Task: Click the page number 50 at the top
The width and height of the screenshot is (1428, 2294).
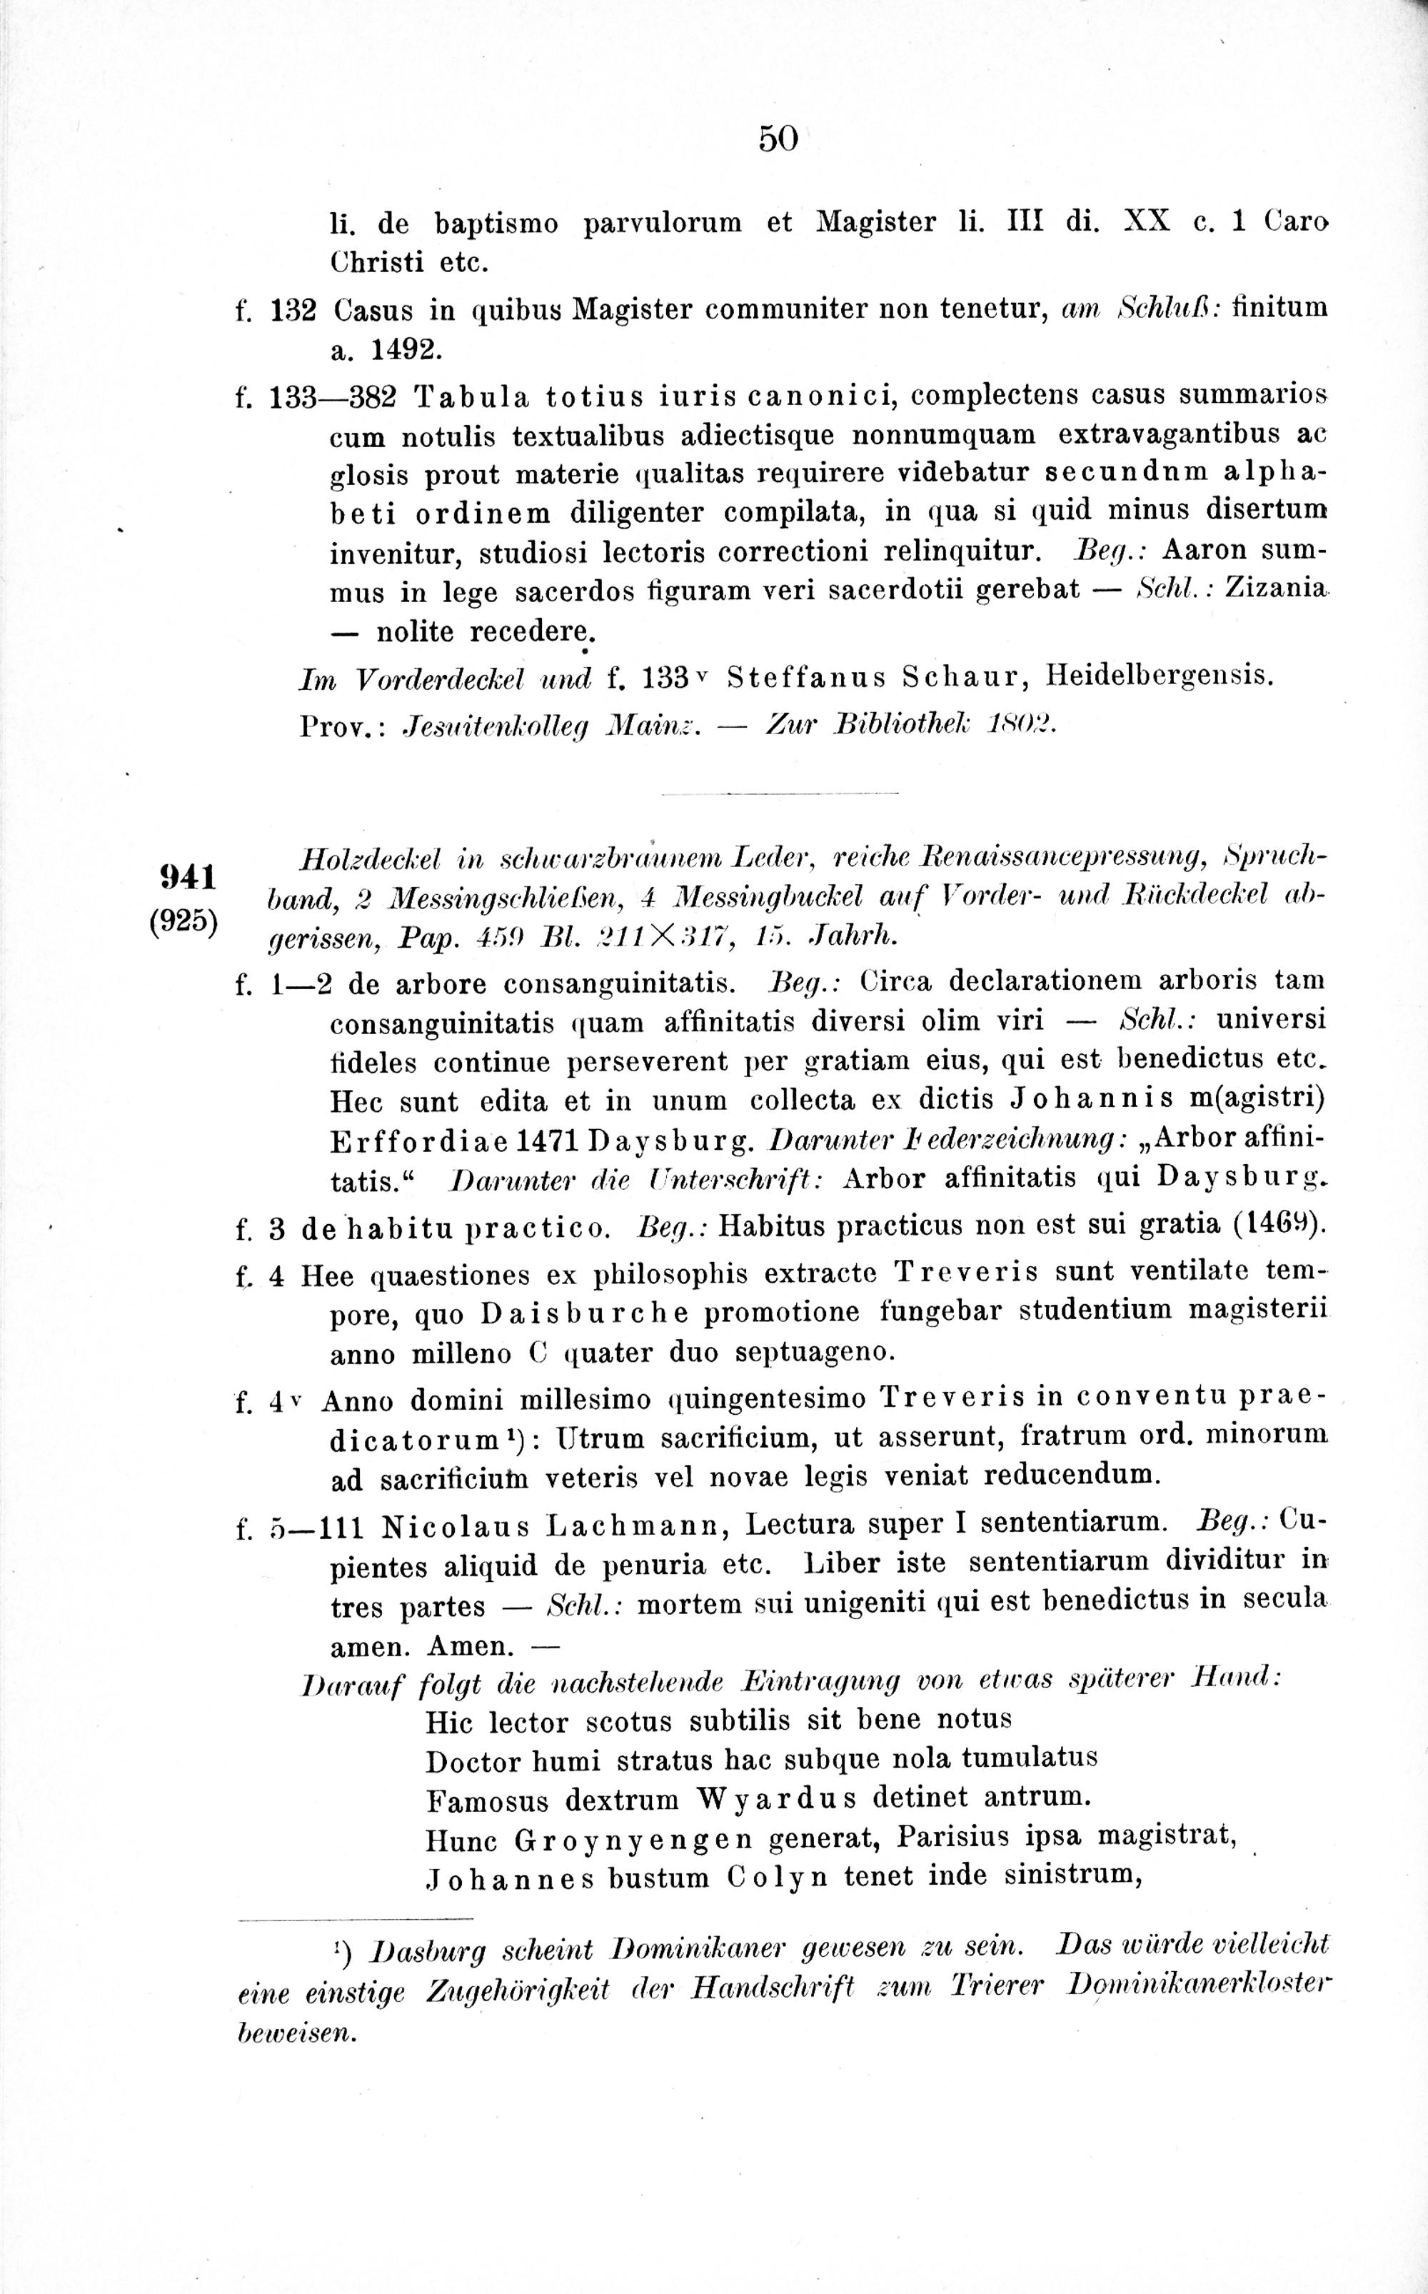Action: coord(778,139)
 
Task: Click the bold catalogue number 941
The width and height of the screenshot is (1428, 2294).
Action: coord(188,877)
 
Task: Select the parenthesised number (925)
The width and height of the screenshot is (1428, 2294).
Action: coord(184,922)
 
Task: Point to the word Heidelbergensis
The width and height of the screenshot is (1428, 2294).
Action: coord(1160,678)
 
